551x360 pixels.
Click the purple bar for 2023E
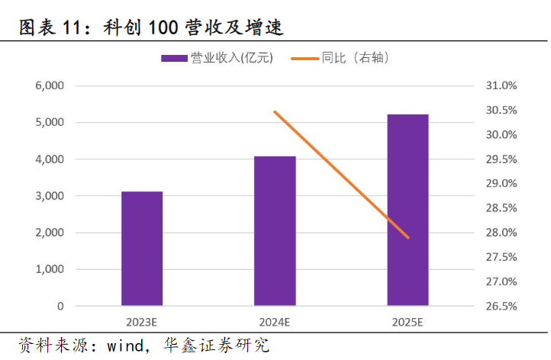pos(142,249)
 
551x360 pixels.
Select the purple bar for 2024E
pos(275,231)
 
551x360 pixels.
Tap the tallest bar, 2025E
pos(408,211)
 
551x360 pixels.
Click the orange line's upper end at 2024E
pos(275,112)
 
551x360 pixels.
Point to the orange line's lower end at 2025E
pos(408,237)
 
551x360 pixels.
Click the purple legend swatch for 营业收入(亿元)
pos(174,58)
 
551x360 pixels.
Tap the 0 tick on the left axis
pos(60,307)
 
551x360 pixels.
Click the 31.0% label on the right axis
pos(501,85)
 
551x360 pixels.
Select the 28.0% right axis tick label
pos(501,233)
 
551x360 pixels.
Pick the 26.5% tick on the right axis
pos(501,307)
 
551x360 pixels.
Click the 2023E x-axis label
pos(142,321)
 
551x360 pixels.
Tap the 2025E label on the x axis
pos(408,321)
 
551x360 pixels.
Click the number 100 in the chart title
pos(161,29)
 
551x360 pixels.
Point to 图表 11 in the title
pos(47,29)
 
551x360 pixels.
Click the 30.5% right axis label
pos(501,110)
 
